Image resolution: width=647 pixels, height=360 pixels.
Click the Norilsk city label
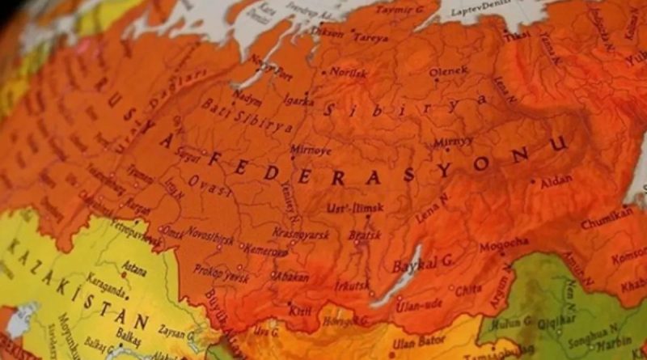[348, 73]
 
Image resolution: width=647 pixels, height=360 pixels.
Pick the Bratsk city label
[364, 235]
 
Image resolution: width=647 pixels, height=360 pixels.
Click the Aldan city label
[556, 183]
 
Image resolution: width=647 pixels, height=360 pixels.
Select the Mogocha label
[504, 244]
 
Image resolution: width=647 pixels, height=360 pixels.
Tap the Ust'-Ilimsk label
[349, 210]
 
